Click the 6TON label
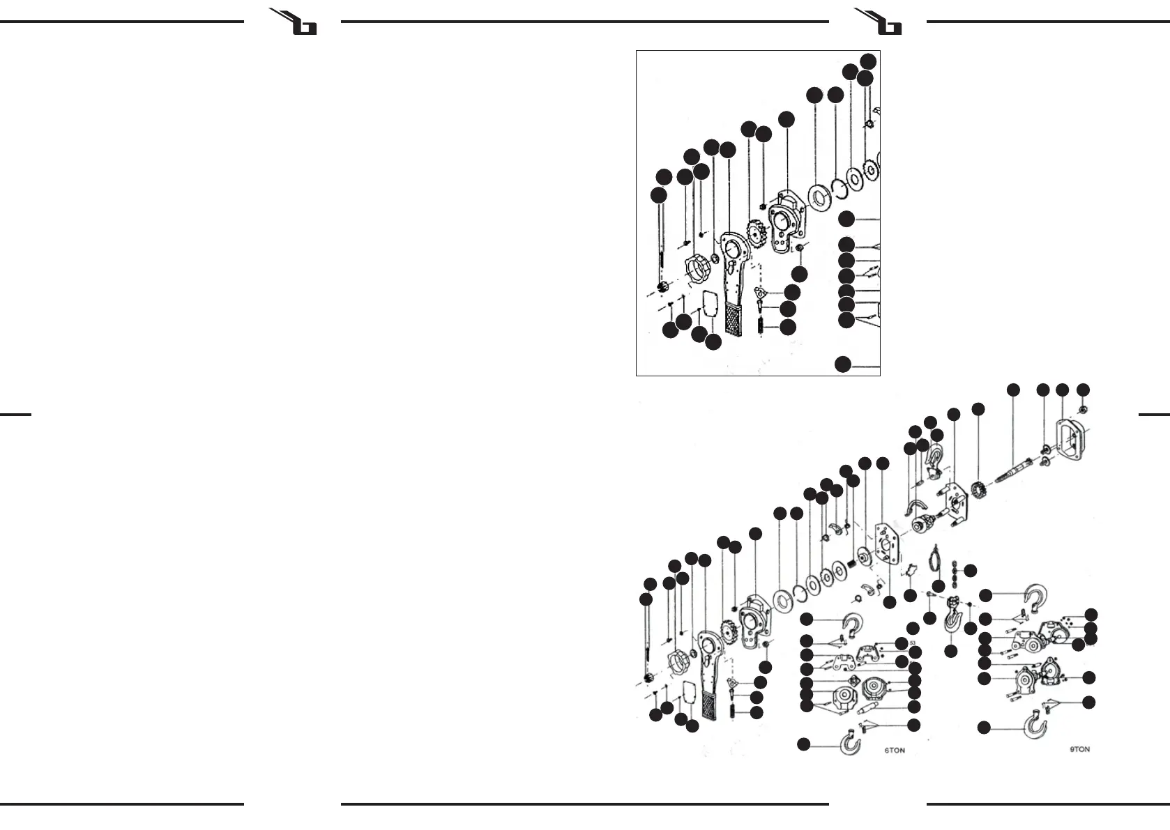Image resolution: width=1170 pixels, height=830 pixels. (x=895, y=751)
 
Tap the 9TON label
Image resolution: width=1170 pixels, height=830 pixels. (x=1079, y=749)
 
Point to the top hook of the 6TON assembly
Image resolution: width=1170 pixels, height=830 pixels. (x=851, y=622)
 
